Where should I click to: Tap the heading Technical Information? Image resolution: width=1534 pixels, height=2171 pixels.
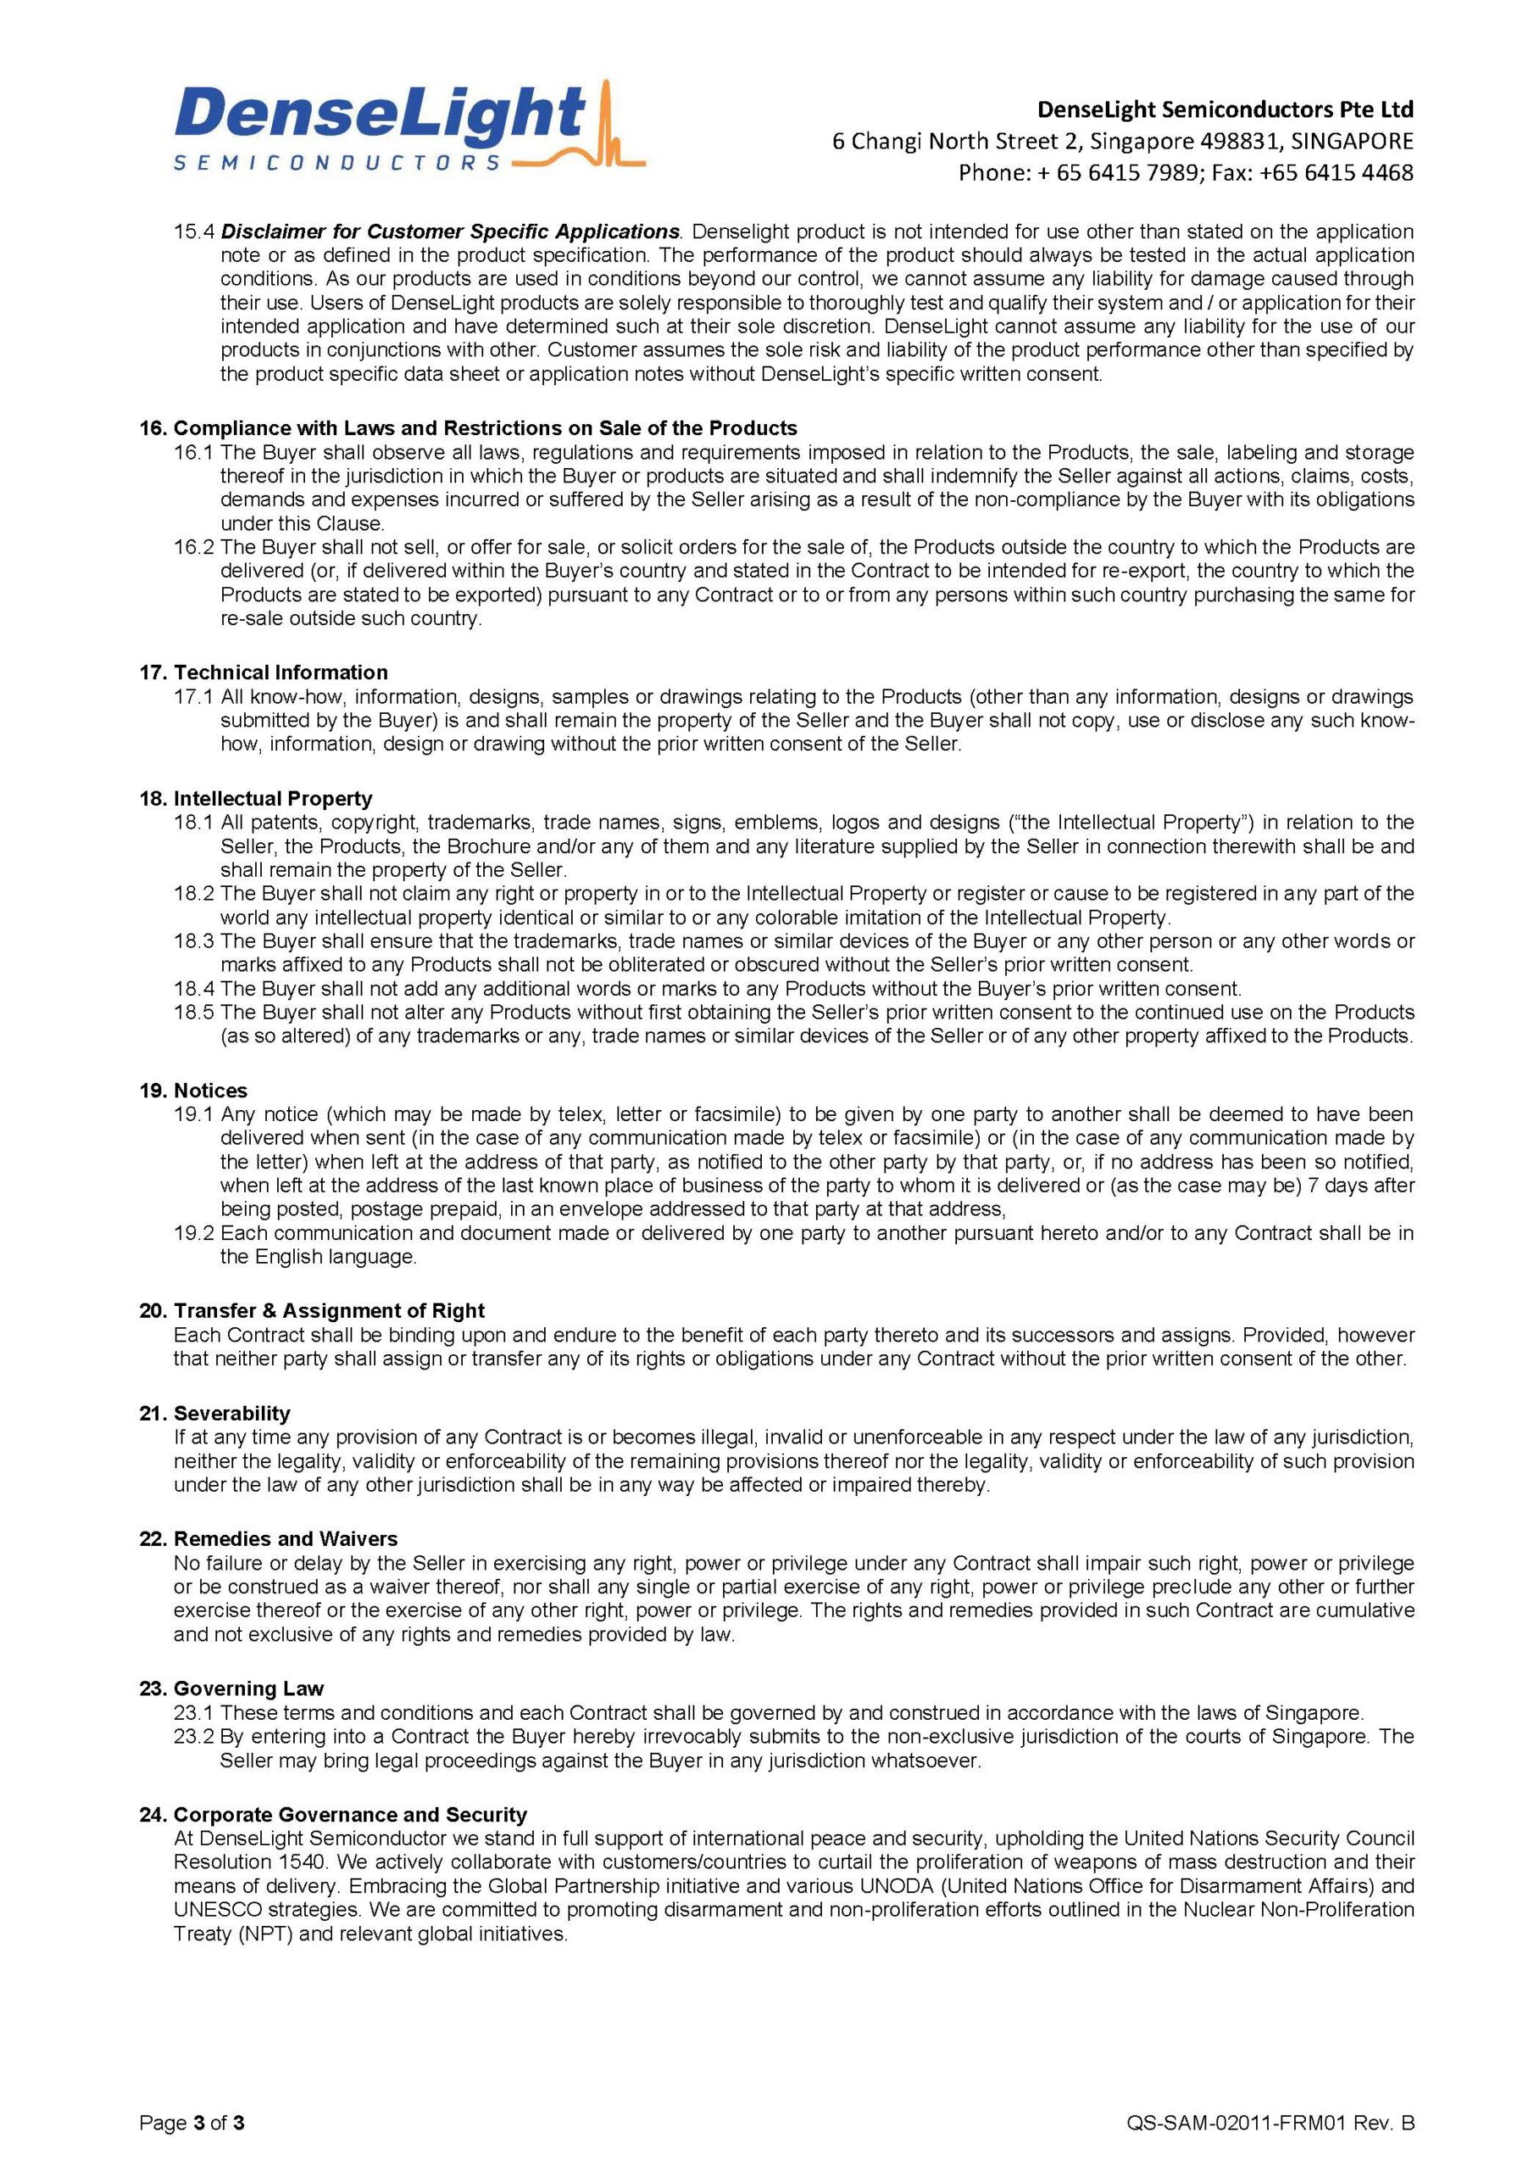280,673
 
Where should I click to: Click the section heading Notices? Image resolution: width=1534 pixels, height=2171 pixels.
210,1091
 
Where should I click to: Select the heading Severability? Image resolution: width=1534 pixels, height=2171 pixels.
231,1413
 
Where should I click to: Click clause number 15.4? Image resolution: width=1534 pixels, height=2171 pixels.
195,232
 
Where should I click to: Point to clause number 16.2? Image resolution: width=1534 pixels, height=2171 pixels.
195,548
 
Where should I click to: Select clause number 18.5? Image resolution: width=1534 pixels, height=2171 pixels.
195,1012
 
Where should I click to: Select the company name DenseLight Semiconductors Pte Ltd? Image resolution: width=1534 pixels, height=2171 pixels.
1225,109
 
